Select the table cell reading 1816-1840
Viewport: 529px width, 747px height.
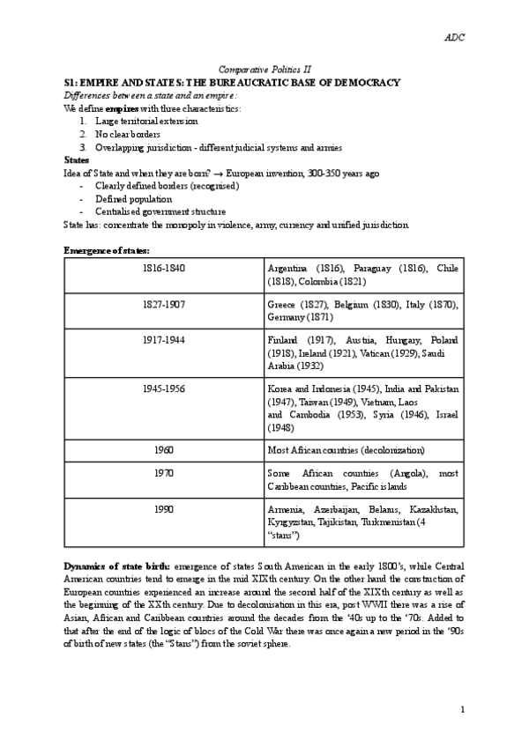164,267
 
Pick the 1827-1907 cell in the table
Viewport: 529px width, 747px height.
164,304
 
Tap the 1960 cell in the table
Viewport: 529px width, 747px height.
164,449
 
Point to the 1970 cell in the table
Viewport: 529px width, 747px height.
164,473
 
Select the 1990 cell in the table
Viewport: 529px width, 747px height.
164,510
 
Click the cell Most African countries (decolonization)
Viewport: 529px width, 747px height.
346,450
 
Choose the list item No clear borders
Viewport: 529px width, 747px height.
130,134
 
